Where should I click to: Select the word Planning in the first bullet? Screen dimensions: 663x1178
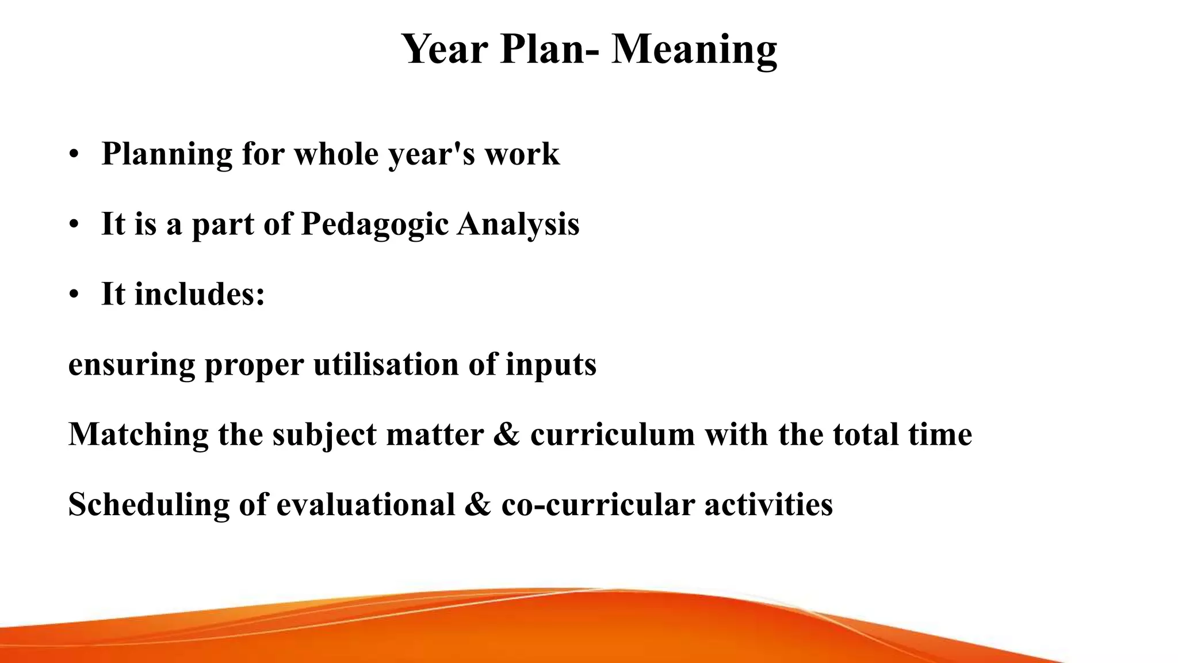pos(167,154)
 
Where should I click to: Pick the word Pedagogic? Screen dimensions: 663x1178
pos(374,224)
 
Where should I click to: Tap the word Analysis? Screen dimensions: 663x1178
pos(518,224)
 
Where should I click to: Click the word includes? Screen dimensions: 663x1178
pos(199,294)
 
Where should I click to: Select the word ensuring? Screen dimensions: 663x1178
pos(132,365)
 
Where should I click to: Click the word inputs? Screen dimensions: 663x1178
pos(550,365)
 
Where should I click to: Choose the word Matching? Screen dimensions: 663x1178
pos(138,435)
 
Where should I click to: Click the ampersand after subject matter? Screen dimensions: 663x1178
pos(506,435)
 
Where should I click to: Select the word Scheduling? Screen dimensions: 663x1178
pos(148,505)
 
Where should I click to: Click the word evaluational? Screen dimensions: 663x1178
pos(366,505)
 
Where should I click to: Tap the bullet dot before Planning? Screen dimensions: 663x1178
pos(73,155)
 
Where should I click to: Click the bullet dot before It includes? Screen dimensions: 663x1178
pos(73,295)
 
